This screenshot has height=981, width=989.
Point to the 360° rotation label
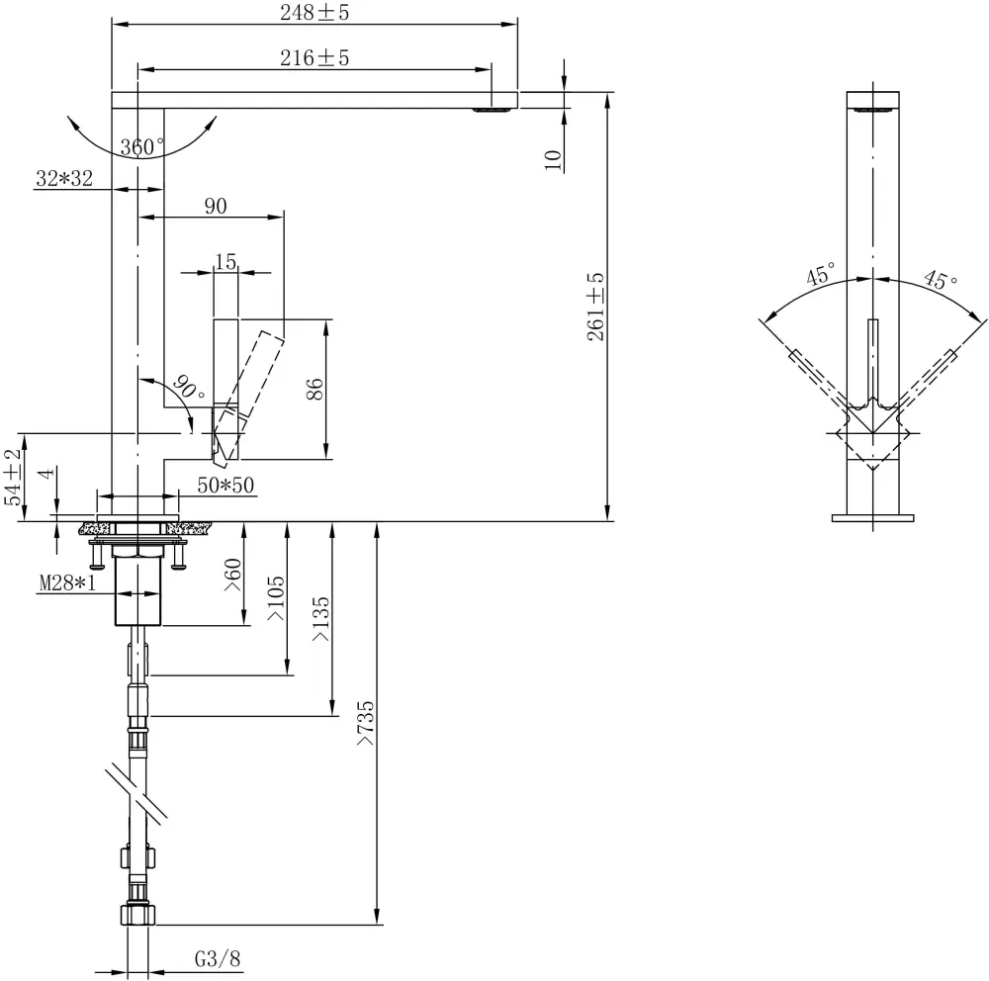pos(142,148)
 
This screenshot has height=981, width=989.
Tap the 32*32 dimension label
pos(64,179)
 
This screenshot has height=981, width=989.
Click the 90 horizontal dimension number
pos(216,206)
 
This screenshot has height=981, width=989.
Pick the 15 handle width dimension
pos(225,261)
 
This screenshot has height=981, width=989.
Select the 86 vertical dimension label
pos(315,389)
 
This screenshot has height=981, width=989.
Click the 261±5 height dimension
pos(595,308)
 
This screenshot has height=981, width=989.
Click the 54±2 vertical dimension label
pos(13,478)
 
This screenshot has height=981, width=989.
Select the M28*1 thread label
pos(67,583)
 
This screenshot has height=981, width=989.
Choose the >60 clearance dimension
pos(233,575)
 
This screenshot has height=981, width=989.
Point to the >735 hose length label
pos(366,723)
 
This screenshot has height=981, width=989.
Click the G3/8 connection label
pos(217,959)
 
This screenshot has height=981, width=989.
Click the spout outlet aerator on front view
pos(491,110)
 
